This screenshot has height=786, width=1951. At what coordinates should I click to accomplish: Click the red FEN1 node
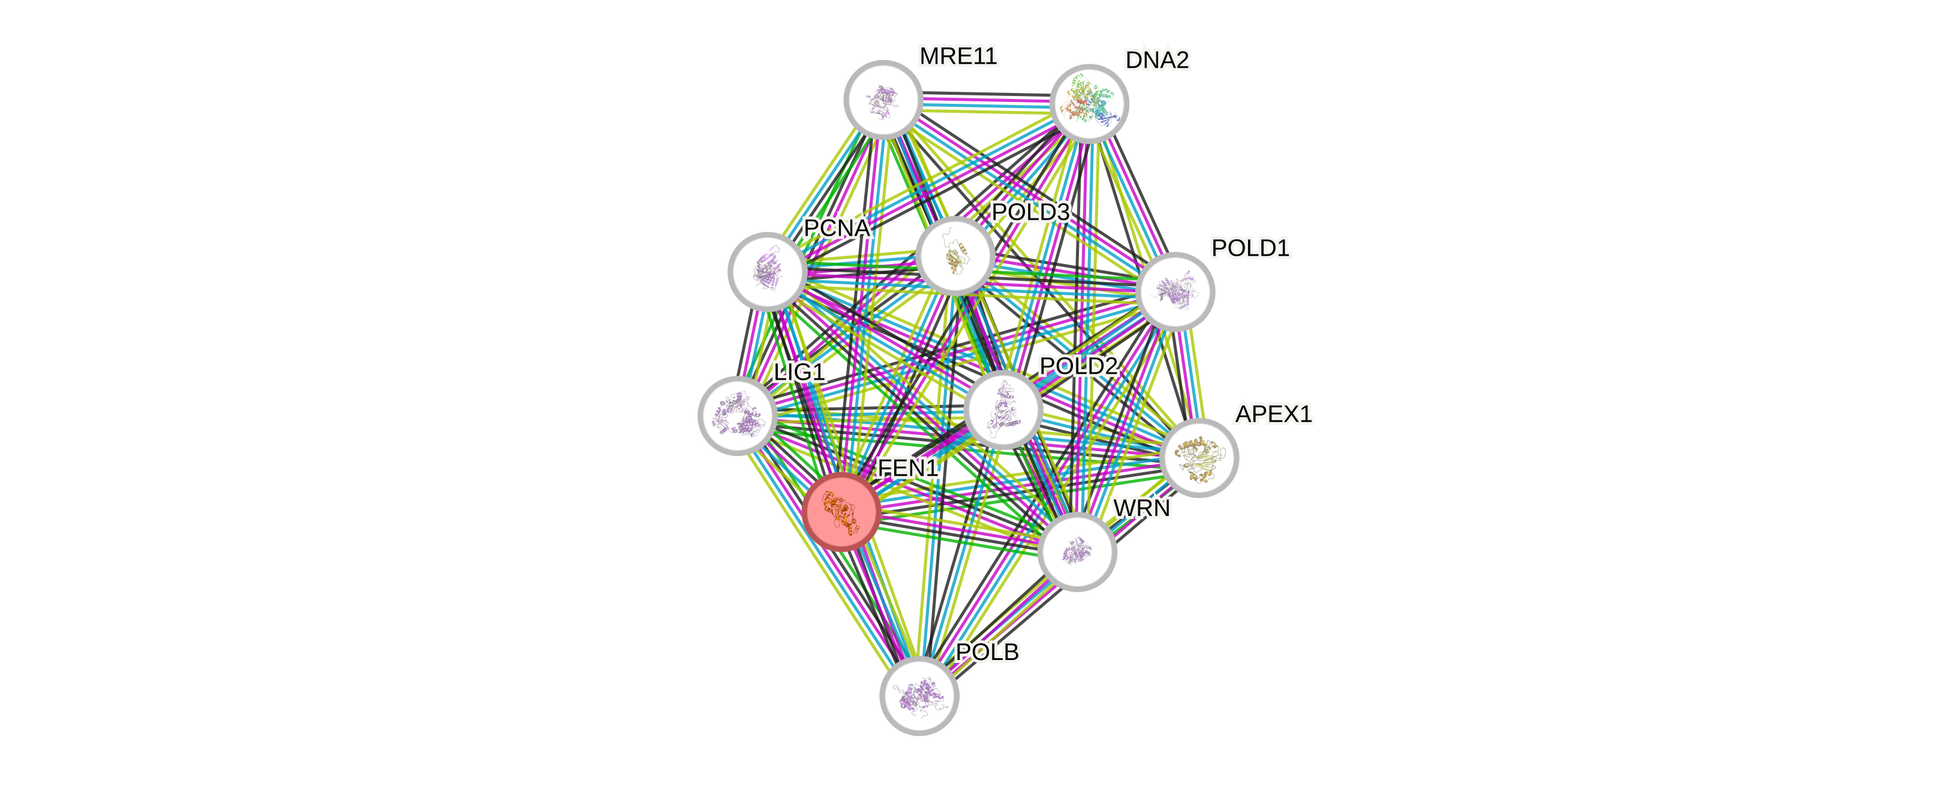pos(841,511)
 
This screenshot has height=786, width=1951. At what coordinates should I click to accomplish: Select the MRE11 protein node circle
pos(882,99)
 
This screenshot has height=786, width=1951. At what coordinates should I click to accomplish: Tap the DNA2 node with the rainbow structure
pos(1089,104)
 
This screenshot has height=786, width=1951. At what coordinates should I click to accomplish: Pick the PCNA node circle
pos(766,271)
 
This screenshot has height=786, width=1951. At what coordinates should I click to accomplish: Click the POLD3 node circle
pos(955,256)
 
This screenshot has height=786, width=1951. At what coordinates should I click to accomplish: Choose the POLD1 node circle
pos(1176,292)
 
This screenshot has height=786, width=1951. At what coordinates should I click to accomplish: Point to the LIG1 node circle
pos(736,415)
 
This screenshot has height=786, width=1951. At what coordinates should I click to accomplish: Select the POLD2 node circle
pos(1003,409)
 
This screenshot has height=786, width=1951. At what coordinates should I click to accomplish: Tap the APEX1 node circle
pos(1199,457)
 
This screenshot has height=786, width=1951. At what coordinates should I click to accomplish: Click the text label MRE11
pos(958,56)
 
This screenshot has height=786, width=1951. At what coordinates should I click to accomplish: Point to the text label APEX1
pos(1273,414)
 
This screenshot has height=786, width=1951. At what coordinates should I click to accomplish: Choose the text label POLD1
pos(1250,248)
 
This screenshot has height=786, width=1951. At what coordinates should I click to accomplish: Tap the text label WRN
pos(1141,508)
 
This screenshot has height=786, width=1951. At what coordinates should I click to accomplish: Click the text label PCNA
pos(836,228)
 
